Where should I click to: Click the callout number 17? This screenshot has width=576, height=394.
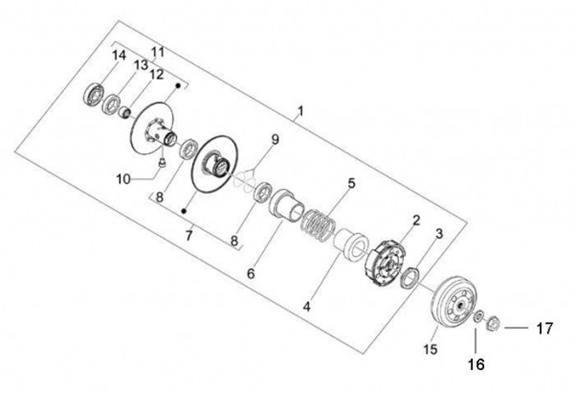click(544, 328)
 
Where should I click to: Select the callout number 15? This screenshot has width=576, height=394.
click(431, 349)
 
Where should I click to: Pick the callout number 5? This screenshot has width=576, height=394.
click(351, 183)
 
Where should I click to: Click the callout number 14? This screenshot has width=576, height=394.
click(118, 54)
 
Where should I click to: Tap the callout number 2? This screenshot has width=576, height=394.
click(416, 219)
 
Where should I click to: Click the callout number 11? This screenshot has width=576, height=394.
click(158, 51)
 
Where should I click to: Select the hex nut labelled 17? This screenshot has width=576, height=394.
click(493, 326)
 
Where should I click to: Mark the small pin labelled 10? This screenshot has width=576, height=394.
click(162, 162)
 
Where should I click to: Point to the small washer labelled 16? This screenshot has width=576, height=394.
click(478, 319)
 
